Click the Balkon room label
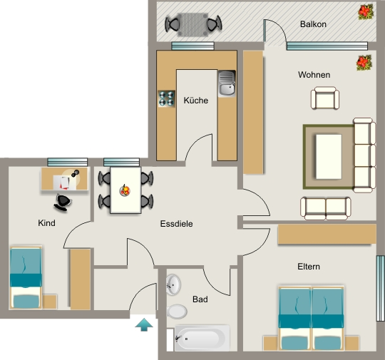313,24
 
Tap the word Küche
195,101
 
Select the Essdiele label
176,224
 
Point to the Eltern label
309,267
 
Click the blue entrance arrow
144,324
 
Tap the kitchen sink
227,83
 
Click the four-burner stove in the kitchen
167,98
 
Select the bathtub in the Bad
202,338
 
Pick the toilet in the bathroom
177,312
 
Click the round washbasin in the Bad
173,284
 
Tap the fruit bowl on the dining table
125,190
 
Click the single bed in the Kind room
26,277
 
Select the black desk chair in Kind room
62,202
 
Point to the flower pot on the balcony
366,12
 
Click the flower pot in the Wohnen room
364,63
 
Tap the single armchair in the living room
325,98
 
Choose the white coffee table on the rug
329,157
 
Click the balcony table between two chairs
192,24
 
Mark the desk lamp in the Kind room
76,173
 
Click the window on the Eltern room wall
380,288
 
